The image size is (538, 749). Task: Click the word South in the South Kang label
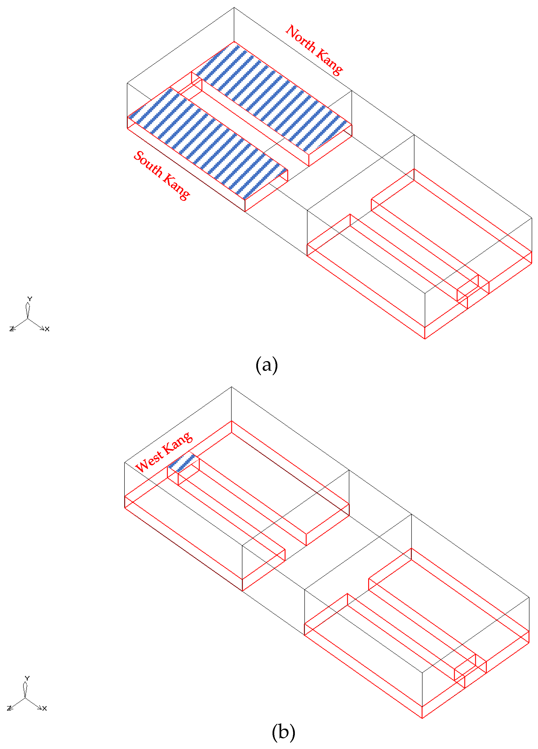[149, 163]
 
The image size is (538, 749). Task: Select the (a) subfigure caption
[267, 365]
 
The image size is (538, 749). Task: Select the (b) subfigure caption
[283, 732]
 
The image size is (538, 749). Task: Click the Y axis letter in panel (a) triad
[30, 299]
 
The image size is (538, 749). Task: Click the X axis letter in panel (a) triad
[47, 329]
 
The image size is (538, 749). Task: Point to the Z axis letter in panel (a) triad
[12, 329]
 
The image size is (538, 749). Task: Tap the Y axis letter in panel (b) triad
[27, 678]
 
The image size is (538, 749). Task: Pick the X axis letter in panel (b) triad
[45, 708]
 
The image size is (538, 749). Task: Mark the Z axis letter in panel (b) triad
[9, 708]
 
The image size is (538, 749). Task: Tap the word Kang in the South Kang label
[177, 187]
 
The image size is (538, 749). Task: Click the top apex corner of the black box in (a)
[234, 7]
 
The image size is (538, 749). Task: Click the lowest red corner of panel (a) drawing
[425, 339]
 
